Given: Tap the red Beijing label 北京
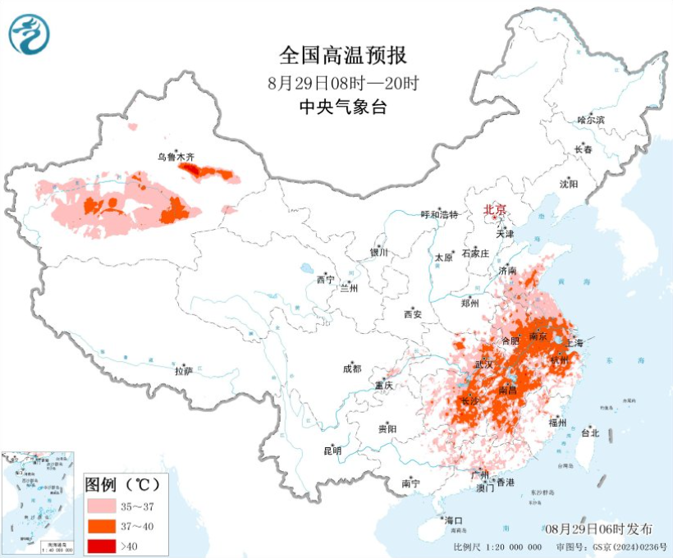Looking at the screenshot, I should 495,210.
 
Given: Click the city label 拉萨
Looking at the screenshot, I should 183,371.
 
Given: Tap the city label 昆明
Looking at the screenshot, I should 332,451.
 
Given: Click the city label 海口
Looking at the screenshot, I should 453,520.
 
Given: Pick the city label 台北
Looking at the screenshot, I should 590,432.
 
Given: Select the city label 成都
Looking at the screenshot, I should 352,369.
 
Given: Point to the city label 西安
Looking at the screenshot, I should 412,314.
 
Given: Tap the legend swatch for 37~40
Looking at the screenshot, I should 102,524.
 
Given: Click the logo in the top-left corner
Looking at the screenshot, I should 30,34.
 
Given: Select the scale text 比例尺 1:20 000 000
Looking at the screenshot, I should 497,547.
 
